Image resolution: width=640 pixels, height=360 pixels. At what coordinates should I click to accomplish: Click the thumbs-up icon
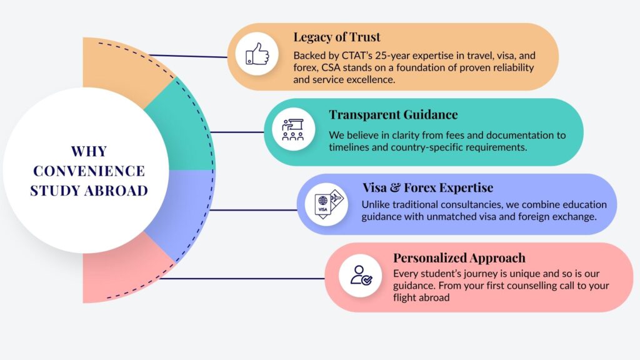257,54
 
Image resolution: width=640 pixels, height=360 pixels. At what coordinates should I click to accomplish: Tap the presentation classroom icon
292,129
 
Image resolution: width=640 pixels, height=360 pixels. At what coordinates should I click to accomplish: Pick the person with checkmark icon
361,274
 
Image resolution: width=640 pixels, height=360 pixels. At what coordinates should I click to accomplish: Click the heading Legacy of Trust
337,37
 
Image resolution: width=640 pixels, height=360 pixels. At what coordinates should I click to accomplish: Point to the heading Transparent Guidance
393,114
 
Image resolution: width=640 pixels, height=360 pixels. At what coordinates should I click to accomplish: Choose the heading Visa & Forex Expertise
427,187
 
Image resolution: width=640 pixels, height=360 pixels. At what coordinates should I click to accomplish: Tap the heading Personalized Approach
459,257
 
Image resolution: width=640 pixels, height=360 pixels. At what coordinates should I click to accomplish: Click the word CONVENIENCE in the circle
88,171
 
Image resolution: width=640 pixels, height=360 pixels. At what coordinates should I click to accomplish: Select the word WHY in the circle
88,151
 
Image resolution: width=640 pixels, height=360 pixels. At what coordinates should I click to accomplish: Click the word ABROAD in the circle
118,190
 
